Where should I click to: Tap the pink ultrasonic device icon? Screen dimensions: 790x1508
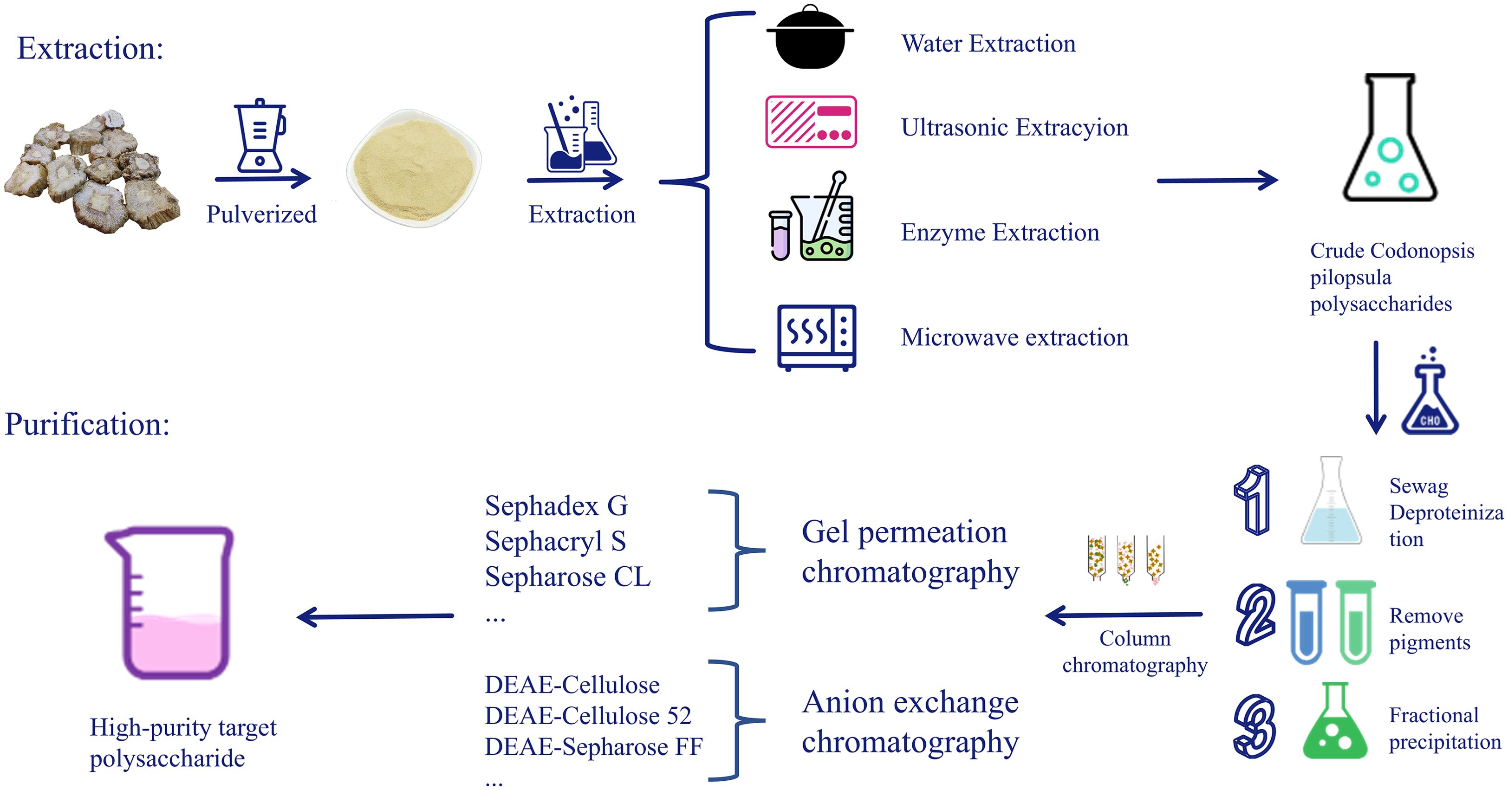click(x=811, y=122)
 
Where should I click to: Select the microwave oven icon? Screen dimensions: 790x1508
click(x=817, y=337)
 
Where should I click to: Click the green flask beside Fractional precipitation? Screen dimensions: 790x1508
click(x=1335, y=723)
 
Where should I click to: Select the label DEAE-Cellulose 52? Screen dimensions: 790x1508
click(x=588, y=716)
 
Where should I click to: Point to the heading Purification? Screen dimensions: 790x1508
click(x=87, y=424)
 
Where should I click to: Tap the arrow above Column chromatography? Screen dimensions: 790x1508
click(x=1124, y=615)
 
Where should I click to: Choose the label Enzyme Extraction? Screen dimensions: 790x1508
click(x=1000, y=233)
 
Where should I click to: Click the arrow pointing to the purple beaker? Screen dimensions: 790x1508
click(x=375, y=617)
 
